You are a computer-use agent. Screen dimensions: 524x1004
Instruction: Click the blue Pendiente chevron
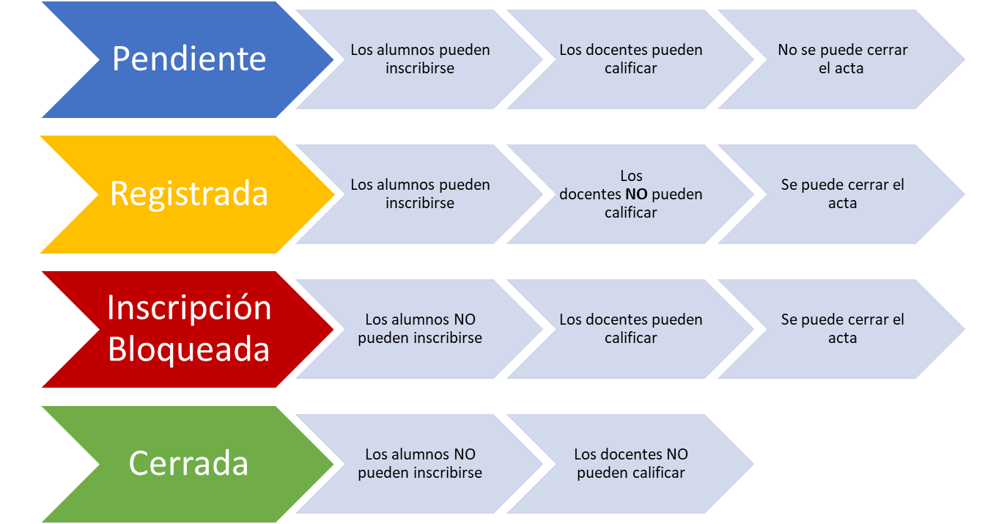[188, 59]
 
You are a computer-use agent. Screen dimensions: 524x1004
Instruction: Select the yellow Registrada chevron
[188, 194]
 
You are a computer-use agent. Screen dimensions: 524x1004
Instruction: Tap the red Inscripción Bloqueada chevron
[188, 329]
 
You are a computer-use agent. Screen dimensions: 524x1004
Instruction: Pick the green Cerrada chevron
[188, 464]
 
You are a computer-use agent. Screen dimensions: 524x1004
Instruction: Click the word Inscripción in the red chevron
[189, 308]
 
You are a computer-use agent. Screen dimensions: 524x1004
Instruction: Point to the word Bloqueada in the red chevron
[189, 350]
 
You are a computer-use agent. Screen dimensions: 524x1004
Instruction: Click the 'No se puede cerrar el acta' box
[842, 59]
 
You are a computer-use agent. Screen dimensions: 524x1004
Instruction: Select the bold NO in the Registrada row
[636, 195]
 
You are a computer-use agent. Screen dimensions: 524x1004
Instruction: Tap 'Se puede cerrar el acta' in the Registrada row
[842, 194]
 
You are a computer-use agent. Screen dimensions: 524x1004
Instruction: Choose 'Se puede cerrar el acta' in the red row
[842, 329]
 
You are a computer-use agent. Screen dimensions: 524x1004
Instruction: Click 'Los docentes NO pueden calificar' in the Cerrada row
[630, 464]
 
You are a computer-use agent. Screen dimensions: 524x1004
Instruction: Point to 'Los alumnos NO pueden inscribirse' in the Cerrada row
[420, 464]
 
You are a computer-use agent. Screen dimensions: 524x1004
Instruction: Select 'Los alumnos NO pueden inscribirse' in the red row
[420, 329]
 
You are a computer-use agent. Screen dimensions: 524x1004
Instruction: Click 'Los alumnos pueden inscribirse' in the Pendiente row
[420, 59]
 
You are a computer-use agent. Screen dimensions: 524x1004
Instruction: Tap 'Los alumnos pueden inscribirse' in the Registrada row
[420, 194]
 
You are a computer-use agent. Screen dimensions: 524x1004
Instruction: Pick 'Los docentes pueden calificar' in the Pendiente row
[630, 59]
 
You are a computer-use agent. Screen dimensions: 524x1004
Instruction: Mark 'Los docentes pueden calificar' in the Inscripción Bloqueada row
[630, 329]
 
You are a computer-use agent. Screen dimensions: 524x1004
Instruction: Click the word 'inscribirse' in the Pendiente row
[420, 69]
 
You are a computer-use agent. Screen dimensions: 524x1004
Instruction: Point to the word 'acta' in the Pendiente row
[850, 69]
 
